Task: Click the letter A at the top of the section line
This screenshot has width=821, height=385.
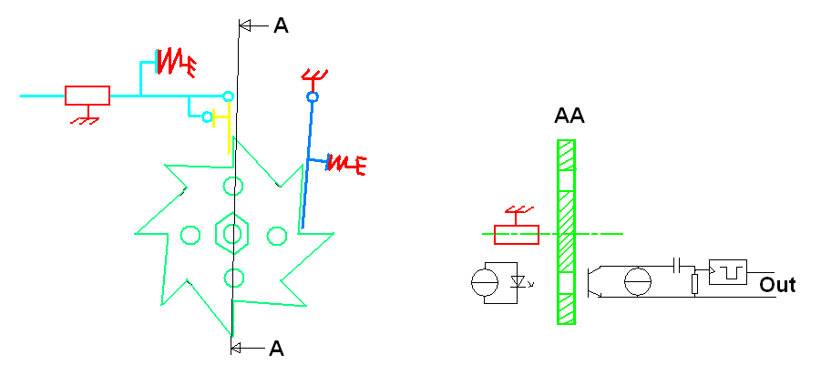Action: (x=281, y=26)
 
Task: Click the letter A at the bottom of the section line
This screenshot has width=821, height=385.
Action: (x=276, y=348)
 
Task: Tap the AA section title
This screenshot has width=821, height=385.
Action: (x=569, y=117)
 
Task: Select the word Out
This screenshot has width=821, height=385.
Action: (x=777, y=285)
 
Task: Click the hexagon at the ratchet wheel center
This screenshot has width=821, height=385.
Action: (x=232, y=234)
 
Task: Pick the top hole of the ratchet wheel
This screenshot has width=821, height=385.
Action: (x=234, y=187)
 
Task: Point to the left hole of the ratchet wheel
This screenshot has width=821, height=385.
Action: (x=190, y=235)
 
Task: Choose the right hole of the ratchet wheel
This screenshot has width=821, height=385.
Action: (x=276, y=236)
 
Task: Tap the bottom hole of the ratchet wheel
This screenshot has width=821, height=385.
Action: (x=233, y=278)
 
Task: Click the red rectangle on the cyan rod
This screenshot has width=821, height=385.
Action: (x=87, y=95)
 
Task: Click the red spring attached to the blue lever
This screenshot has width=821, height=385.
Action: (x=345, y=164)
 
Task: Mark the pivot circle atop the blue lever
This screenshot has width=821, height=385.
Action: (x=312, y=96)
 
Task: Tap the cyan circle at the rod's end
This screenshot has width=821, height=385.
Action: (x=228, y=96)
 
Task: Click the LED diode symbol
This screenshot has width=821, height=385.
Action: (x=518, y=282)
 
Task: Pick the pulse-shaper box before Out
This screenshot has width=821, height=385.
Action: (x=727, y=271)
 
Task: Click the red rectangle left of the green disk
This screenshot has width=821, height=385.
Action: (x=516, y=235)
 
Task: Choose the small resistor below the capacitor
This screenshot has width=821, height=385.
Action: (x=694, y=284)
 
